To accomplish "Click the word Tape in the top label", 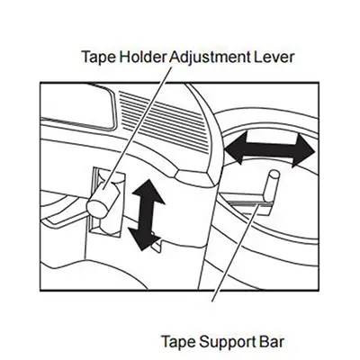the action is click(x=98, y=57).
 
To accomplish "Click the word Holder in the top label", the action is click(x=142, y=57).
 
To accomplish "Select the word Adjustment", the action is click(x=210, y=57).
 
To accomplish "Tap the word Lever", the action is click(x=274, y=57).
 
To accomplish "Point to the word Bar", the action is click(x=270, y=341).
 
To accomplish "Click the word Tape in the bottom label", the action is click(x=179, y=342).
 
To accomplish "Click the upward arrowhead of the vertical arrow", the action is click(x=148, y=191).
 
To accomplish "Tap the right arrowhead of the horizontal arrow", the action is click(x=304, y=150).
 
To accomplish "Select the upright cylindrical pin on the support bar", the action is click(x=271, y=187).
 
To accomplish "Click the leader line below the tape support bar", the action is click(x=235, y=254).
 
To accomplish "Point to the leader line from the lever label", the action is click(x=138, y=129).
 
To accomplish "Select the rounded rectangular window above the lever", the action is click(x=78, y=106).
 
